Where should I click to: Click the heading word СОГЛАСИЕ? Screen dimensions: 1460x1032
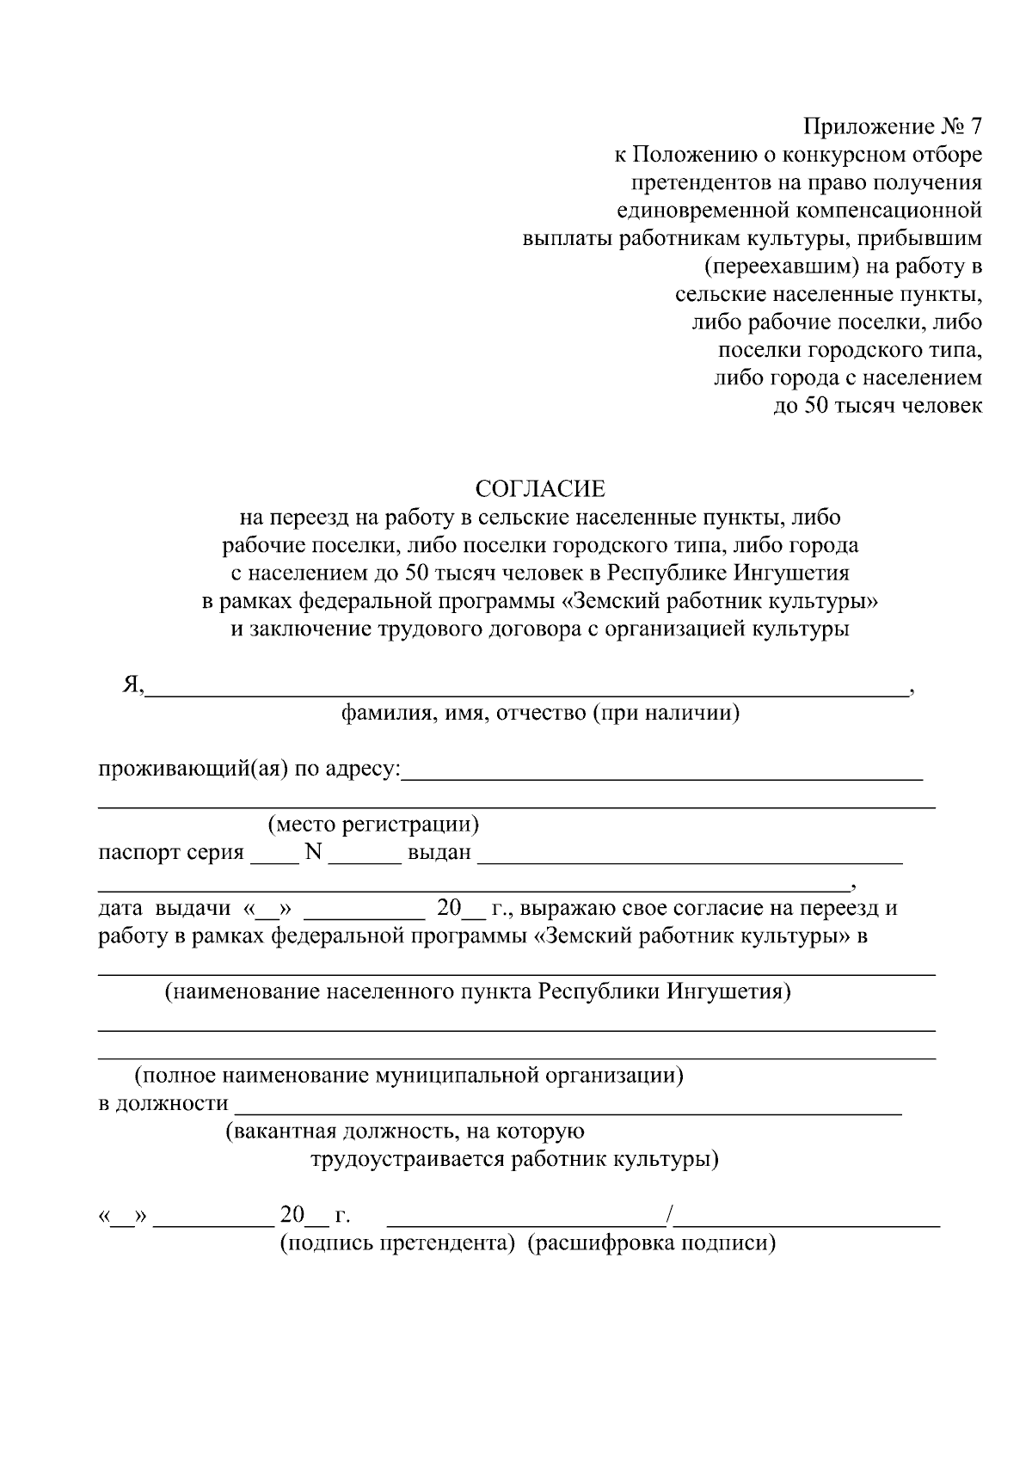(540, 489)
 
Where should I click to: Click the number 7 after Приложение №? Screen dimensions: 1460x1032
(974, 127)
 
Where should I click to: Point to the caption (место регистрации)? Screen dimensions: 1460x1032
(373, 825)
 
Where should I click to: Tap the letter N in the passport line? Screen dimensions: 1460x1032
(312, 852)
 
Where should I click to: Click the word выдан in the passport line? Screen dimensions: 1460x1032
(439, 853)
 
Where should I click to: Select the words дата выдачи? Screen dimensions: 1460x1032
(165, 908)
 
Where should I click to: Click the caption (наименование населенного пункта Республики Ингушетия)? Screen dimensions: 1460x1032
(478, 991)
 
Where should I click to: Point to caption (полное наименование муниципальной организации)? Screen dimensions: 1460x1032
(408, 1075)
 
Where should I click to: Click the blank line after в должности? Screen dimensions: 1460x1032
(568, 1108)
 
